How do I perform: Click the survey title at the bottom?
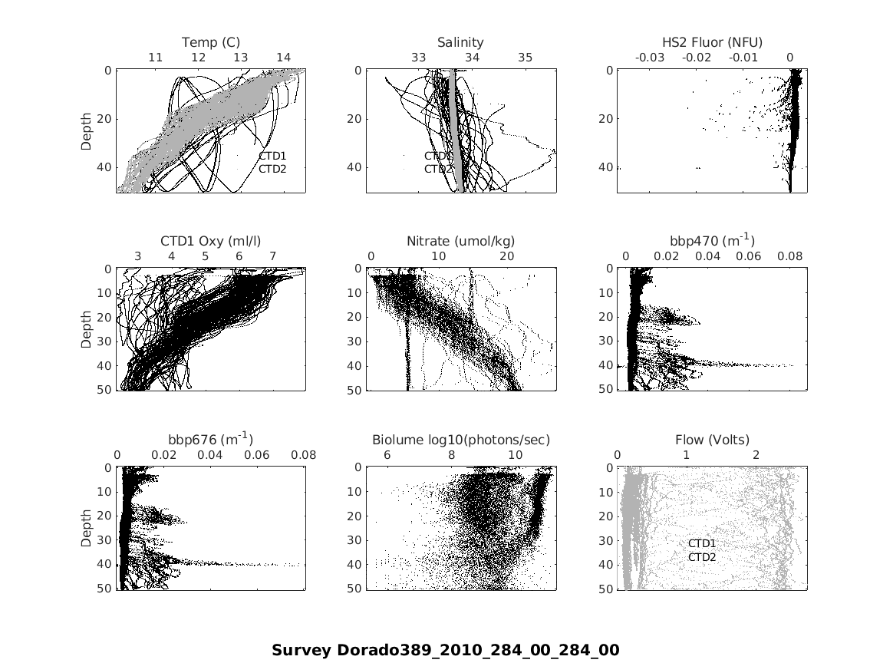(445, 651)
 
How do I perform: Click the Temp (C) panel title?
(211, 42)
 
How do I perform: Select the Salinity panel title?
(460, 42)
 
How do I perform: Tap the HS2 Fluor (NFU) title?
(712, 42)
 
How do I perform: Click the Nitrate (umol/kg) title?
(460, 241)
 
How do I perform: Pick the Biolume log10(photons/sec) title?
(460, 440)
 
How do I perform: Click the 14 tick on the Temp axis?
(283, 58)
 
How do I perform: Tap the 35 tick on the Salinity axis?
(526, 58)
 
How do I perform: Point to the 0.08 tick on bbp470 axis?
(790, 256)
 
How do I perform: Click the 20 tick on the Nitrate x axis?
(506, 256)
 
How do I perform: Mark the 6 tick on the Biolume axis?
(387, 455)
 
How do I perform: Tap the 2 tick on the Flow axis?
(756, 455)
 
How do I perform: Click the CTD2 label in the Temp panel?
(272, 168)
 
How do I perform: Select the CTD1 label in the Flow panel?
(701, 543)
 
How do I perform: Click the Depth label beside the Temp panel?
(87, 130)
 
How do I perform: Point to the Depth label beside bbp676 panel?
(87, 529)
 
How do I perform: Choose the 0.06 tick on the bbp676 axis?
(257, 455)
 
